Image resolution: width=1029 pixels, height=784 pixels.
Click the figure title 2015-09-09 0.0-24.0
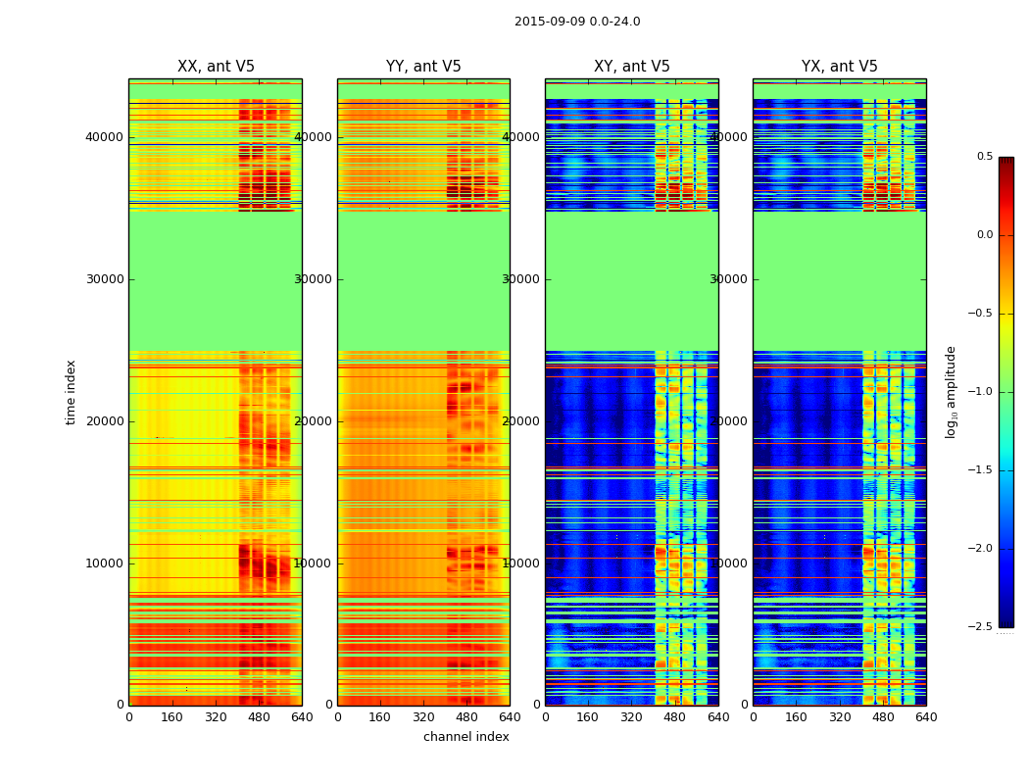[x=577, y=22]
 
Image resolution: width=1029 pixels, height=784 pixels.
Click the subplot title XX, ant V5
[x=216, y=67]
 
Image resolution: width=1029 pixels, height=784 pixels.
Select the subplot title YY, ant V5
[x=423, y=67]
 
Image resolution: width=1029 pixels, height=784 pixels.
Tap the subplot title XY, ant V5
[x=632, y=67]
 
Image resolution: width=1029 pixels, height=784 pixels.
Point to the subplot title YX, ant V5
[x=840, y=67]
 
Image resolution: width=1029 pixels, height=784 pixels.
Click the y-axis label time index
[x=71, y=392]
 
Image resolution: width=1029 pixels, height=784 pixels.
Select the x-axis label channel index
[x=466, y=737]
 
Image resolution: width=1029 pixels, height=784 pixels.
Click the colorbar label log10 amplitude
[x=951, y=392]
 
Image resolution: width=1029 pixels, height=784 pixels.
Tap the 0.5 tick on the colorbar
[x=984, y=157]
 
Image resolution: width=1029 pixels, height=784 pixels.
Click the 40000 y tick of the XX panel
[x=105, y=137]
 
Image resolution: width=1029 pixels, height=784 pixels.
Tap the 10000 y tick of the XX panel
[x=105, y=563]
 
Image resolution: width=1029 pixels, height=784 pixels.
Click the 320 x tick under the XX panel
[x=216, y=717]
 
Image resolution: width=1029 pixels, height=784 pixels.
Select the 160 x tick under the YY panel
[x=380, y=717]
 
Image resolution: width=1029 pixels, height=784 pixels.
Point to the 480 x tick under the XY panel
[x=675, y=717]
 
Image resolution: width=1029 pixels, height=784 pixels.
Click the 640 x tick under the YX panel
[x=926, y=717]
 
